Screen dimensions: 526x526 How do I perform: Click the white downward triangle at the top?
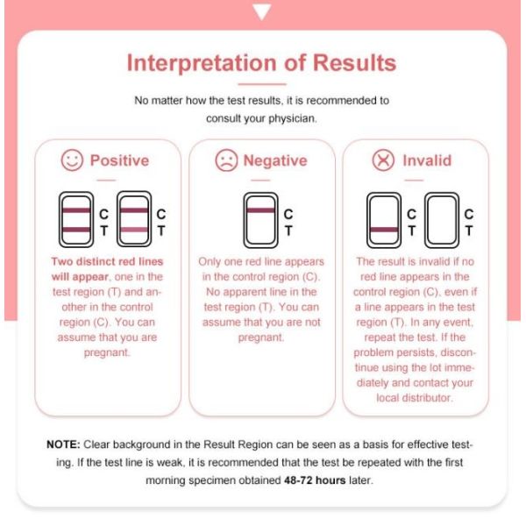pyautogui.click(x=261, y=11)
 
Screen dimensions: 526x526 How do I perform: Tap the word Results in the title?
pyautogui.click(x=354, y=63)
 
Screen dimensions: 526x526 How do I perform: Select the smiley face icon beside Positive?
pyautogui.click(x=72, y=160)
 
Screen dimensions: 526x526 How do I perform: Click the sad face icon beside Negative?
pyautogui.click(x=226, y=160)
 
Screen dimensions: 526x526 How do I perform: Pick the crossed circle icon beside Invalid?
pyautogui.click(x=383, y=160)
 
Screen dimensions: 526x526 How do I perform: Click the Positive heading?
pyautogui.click(x=119, y=160)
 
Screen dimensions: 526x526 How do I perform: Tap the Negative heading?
pyautogui.click(x=275, y=160)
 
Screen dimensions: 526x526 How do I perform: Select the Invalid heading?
pyautogui.click(x=427, y=160)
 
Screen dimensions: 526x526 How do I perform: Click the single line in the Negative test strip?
pyautogui.click(x=260, y=210)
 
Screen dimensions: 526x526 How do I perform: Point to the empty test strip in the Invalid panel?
pyautogui.click(x=442, y=220)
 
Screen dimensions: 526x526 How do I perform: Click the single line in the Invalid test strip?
pyautogui.click(x=384, y=230)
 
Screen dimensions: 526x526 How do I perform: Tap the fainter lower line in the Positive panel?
pyautogui.click(x=134, y=230)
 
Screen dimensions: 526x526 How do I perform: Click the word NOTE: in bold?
pyautogui.click(x=63, y=444)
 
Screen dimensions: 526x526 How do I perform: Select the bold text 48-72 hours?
pyautogui.click(x=315, y=480)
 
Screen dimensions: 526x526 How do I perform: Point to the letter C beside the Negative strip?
pyautogui.click(x=288, y=214)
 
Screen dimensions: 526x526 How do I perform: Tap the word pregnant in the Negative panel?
pyautogui.click(x=261, y=338)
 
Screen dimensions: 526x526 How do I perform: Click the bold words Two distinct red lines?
pyautogui.click(x=107, y=261)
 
